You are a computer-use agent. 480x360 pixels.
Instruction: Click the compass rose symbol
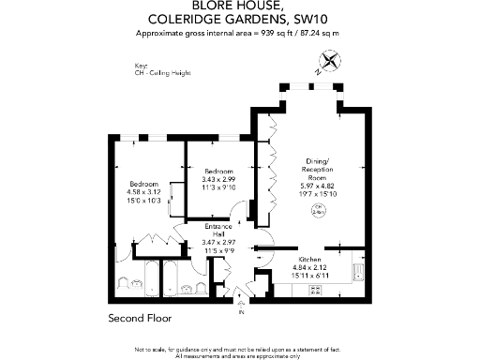[x=330, y=63]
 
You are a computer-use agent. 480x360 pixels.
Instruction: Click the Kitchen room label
[x=310, y=258]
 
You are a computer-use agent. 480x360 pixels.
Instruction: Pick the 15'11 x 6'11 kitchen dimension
[x=310, y=274]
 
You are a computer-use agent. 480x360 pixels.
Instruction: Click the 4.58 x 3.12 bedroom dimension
[x=142, y=193]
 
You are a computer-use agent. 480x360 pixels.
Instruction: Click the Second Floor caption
[x=137, y=319]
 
